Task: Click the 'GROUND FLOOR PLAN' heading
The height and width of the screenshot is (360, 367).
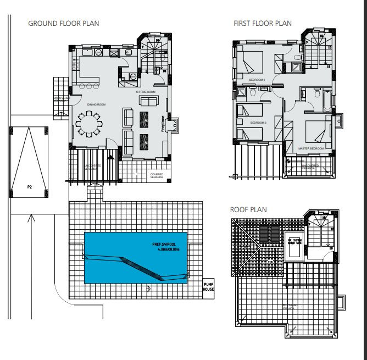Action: point(63,23)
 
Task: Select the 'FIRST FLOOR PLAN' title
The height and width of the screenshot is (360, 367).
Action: point(262,23)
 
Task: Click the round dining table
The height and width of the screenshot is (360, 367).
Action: point(89,124)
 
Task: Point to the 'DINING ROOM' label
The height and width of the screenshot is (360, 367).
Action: point(96,104)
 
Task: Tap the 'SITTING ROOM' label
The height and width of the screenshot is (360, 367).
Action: point(146,92)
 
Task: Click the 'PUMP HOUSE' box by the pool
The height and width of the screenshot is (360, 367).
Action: point(208,286)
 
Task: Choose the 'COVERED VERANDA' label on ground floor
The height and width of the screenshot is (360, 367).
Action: point(157,175)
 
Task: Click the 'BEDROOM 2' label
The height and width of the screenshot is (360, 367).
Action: point(257,80)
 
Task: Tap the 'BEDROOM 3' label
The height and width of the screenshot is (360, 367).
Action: point(258,123)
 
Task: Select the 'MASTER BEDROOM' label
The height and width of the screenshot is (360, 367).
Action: point(311,148)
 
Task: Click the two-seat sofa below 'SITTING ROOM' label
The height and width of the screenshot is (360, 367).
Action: point(147,101)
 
